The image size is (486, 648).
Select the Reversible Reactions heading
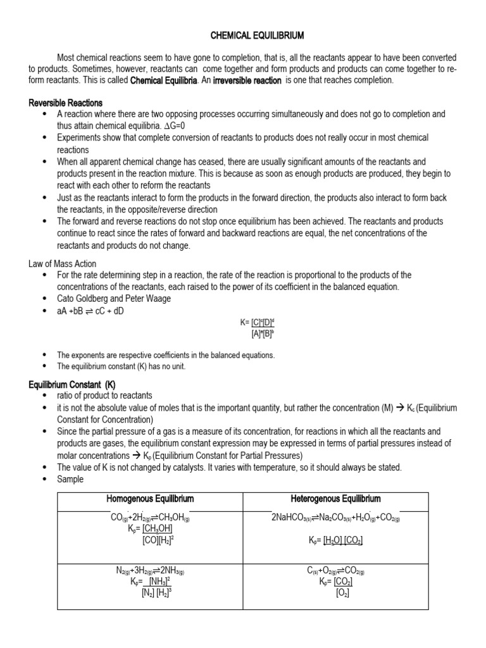tap(66, 103)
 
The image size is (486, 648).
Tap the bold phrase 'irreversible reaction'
tap(247, 80)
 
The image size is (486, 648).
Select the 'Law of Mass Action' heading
tap(62, 263)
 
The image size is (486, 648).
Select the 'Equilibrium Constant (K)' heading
tap(72, 384)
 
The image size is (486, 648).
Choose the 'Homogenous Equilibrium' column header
tap(150, 499)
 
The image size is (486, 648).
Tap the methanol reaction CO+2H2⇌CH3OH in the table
tap(150, 518)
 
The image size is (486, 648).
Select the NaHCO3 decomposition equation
tap(335, 518)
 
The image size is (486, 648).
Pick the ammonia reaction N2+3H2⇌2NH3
tap(150, 570)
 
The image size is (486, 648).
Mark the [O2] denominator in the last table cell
tap(342, 592)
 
